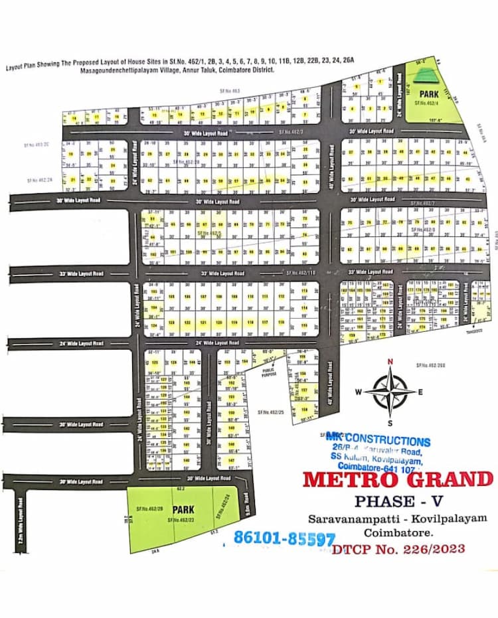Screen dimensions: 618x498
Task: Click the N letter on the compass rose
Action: [x=390, y=362]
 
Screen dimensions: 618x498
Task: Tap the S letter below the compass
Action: [x=390, y=423]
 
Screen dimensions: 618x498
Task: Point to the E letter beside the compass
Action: [x=420, y=392]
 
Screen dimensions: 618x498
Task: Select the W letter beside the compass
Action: [x=358, y=392]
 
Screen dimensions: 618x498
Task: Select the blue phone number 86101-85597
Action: [x=284, y=538]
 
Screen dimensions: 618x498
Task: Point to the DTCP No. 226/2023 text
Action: [x=398, y=549]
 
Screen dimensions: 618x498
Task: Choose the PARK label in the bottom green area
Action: [x=183, y=509]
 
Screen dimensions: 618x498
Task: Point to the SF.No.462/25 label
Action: [x=270, y=412]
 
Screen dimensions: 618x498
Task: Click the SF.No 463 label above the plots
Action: [x=230, y=90]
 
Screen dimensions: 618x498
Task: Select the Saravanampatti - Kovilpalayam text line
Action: [x=396, y=517]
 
